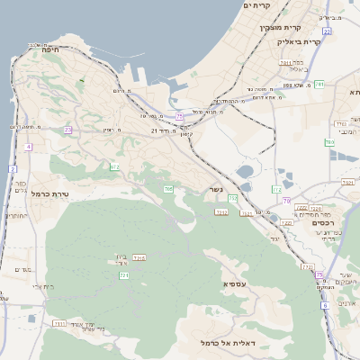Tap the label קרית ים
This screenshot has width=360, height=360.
(x=256, y=5)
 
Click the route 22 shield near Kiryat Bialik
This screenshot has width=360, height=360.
(x=328, y=31)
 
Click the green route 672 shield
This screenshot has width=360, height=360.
(x=114, y=166)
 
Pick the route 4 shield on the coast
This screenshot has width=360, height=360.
(x=28, y=146)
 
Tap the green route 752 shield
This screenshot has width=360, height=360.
(x=232, y=198)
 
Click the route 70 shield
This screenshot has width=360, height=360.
(x=287, y=201)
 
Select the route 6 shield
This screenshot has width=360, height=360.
(x=325, y=305)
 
